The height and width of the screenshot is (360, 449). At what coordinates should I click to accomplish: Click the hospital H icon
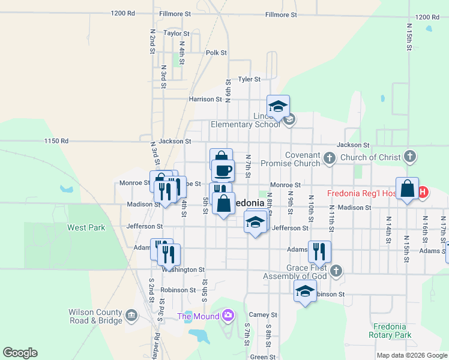pos(423,193)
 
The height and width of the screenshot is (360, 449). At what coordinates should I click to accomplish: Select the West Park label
pos(86,227)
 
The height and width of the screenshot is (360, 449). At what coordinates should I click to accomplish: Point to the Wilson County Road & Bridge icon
pos(131,314)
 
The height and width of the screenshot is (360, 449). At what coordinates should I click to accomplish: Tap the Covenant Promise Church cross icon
pos(329,158)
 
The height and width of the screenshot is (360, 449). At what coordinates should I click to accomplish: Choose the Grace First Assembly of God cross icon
pos(336,271)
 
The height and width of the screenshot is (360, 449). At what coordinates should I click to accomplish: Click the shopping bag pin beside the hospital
pos(407,188)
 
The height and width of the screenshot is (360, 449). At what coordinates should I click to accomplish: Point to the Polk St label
pos(216,53)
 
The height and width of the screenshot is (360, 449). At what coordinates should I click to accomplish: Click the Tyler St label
pos(249,79)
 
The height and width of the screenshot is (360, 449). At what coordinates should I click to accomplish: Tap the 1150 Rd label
pos(56,141)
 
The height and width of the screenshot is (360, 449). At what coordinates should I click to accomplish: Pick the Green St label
pos(263,357)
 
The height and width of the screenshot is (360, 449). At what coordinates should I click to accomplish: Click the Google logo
pos(20,353)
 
